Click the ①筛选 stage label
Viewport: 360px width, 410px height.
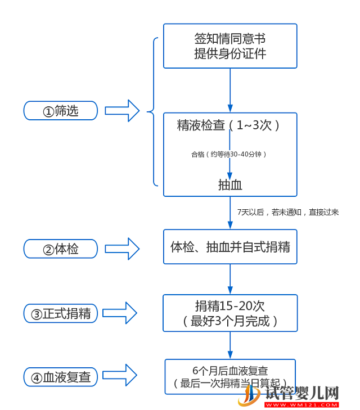click(x=60, y=111)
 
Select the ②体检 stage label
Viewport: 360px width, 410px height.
click(x=60, y=249)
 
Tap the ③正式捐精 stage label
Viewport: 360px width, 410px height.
click(x=60, y=313)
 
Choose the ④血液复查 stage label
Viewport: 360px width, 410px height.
click(x=60, y=377)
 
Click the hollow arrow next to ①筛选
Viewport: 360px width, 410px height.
click(x=122, y=111)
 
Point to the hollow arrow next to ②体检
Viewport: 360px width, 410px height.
click(x=122, y=249)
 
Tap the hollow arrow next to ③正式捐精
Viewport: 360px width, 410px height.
click(x=119, y=313)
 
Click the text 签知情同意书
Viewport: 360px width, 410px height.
click(x=230, y=39)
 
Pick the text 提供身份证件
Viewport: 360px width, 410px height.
click(x=230, y=54)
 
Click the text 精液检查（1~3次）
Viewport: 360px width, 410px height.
click(x=230, y=125)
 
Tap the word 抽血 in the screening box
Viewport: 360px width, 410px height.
click(x=230, y=184)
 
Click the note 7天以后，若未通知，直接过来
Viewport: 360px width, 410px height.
click(x=288, y=212)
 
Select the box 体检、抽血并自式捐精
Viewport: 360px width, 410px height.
click(x=230, y=247)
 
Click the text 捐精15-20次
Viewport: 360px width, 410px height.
click(x=230, y=306)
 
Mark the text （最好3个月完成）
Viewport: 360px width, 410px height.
click(x=230, y=322)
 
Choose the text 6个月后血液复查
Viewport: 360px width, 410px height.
click(x=230, y=371)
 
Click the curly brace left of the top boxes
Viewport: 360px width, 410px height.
click(x=153, y=111)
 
